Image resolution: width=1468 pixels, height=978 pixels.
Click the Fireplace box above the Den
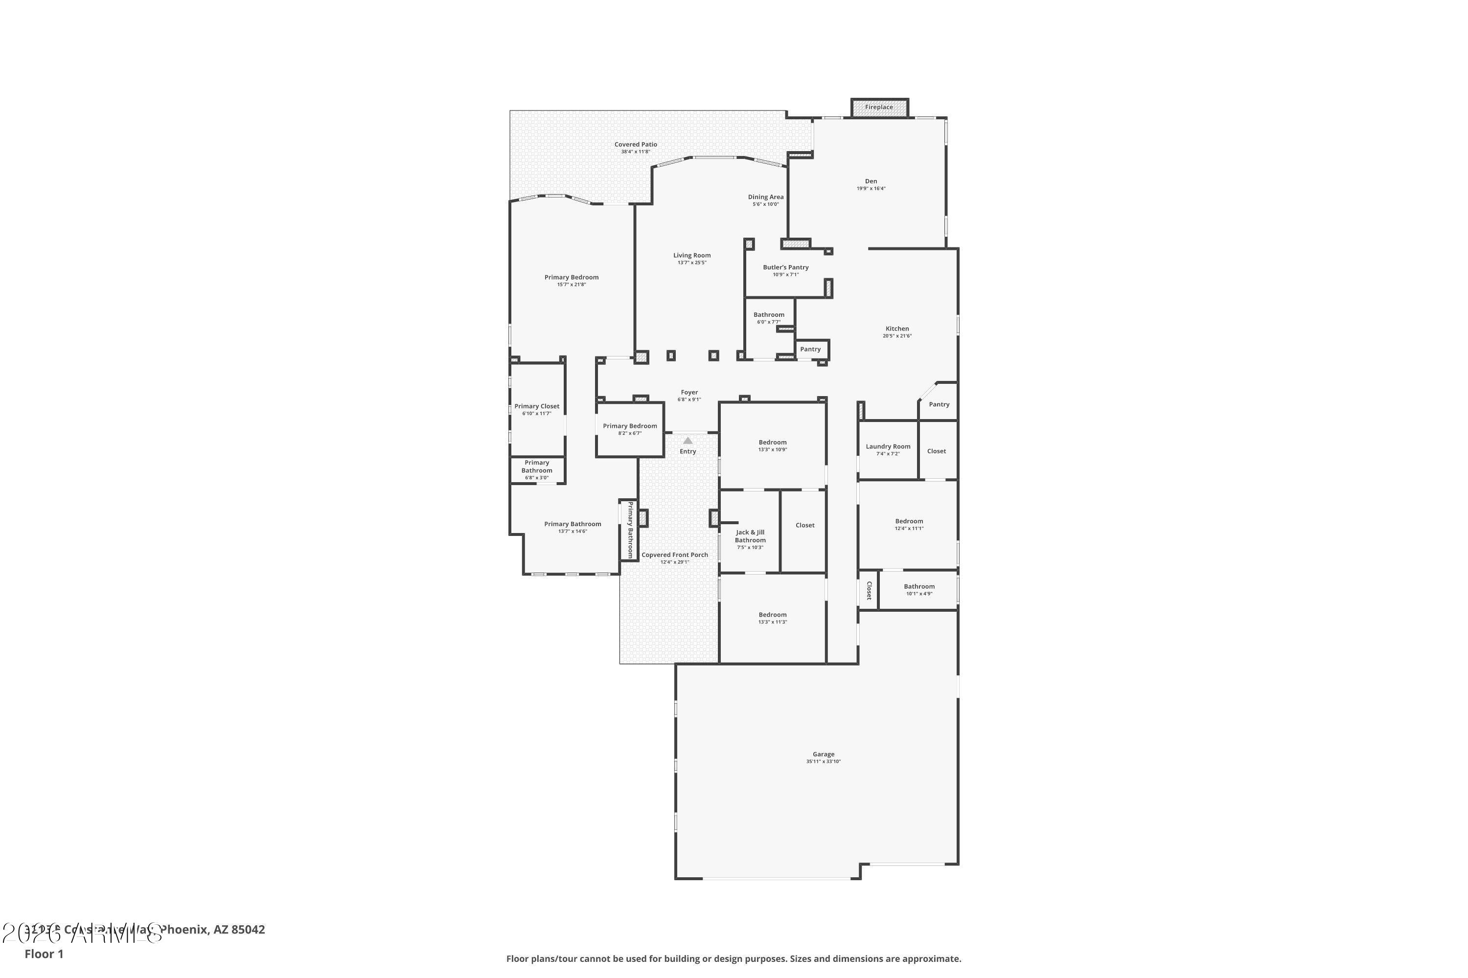(879, 107)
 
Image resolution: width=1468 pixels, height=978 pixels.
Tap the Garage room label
(823, 754)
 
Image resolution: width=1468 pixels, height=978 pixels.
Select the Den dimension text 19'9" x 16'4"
(871, 188)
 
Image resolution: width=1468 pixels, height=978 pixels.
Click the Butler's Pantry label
(785, 267)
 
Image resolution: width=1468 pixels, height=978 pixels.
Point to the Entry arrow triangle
(688, 441)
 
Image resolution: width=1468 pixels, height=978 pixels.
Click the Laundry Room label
(888, 446)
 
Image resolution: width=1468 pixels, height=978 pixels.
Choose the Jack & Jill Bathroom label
(750, 536)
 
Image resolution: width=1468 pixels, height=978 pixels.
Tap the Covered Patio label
(635, 144)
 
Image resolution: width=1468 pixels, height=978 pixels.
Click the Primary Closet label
(537, 406)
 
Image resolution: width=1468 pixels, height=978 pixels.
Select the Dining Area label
(765, 197)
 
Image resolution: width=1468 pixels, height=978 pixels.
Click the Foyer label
(689, 392)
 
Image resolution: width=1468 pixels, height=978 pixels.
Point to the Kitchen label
(897, 329)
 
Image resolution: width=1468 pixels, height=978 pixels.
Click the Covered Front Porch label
(675, 555)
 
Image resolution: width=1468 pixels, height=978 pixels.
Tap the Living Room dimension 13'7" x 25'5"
(691, 263)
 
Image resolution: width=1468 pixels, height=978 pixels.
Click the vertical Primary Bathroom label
(630, 530)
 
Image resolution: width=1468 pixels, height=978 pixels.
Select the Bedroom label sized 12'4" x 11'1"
(909, 521)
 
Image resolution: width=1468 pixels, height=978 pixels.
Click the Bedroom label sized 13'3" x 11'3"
(772, 615)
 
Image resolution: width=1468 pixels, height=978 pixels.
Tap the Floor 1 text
(44, 954)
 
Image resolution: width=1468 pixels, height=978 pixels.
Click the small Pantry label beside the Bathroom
(810, 349)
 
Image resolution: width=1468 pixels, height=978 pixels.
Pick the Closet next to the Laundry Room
(936, 451)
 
